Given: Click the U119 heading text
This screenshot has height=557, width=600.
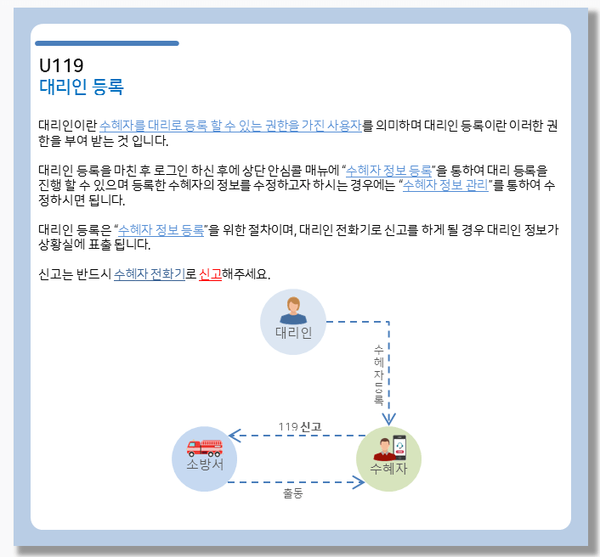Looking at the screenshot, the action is click(61, 65).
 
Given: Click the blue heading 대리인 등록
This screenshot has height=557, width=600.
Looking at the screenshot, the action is click(82, 87).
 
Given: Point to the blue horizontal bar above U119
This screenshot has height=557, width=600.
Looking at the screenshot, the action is click(106, 42).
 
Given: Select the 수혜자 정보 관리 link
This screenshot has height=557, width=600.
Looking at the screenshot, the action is click(445, 185).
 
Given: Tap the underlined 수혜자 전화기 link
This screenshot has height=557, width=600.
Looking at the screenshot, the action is click(149, 274).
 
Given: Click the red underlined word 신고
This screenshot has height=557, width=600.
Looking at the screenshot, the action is click(209, 274).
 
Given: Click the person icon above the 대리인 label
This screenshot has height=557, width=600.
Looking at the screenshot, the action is click(293, 310).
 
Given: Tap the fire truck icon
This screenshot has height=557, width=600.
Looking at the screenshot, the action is click(204, 447).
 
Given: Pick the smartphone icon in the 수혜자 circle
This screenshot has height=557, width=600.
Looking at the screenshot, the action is click(399, 447).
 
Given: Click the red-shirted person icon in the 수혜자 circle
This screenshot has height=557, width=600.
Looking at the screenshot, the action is click(383, 449).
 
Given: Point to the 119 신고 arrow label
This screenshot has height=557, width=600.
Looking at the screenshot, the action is click(299, 426).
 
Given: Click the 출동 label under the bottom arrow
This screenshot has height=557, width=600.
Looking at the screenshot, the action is click(293, 493).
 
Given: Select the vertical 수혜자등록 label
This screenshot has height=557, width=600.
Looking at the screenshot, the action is click(378, 374).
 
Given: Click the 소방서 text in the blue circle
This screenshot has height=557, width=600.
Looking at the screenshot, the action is click(204, 465).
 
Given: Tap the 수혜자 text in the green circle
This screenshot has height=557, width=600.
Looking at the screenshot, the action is click(388, 468).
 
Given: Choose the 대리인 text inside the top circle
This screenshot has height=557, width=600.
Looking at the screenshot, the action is click(293, 332).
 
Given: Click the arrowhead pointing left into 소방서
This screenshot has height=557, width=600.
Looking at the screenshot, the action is click(235, 436).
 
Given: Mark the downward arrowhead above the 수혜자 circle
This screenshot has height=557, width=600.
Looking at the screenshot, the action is click(388, 418).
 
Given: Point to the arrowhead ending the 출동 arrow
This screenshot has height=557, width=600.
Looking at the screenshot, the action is click(358, 482).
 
